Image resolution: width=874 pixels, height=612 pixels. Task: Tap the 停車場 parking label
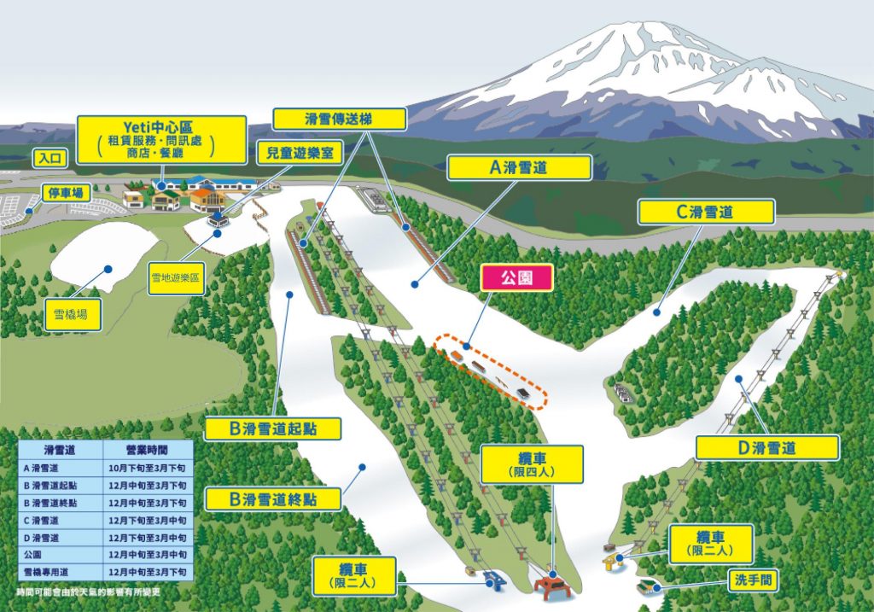[x=66, y=193]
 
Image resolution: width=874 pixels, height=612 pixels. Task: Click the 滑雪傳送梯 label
[x=339, y=119]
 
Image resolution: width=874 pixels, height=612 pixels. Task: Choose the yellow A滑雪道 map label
[x=519, y=168]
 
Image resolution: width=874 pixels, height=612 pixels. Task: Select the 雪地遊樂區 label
[x=177, y=278]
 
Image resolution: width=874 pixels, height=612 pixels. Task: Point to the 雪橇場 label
[x=73, y=313]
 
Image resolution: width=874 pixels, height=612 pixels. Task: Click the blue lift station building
[x=493, y=580]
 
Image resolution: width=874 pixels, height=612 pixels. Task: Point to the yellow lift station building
[x=611, y=560]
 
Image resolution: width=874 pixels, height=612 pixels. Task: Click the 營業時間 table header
[x=150, y=450]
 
